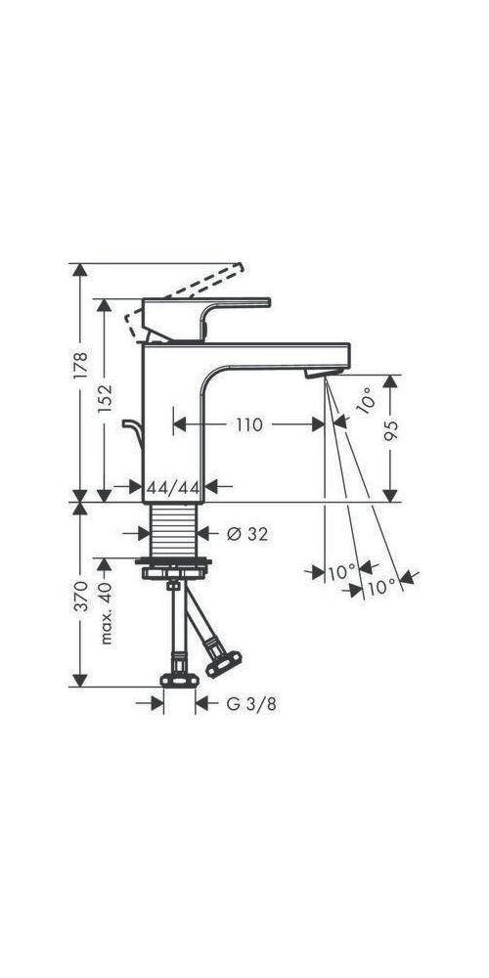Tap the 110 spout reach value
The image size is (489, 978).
(x=248, y=424)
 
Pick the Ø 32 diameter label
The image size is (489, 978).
(x=246, y=534)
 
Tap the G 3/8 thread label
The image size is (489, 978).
(x=245, y=702)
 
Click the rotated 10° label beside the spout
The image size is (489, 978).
(x=363, y=401)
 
